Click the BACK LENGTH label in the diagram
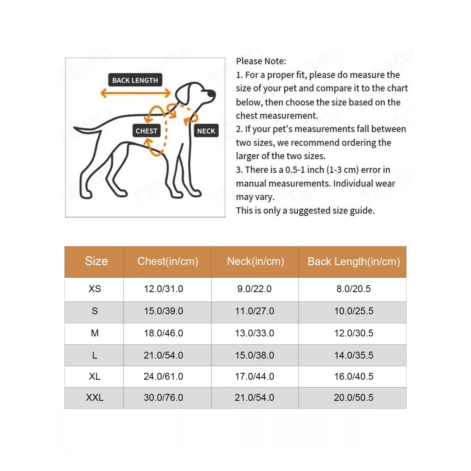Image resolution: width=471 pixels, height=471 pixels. tap(135, 80)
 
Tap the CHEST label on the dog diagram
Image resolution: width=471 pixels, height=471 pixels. tap(146, 131)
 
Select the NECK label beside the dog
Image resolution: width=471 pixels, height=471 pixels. tap(206, 131)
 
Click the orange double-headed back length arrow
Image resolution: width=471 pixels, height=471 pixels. tap(136, 93)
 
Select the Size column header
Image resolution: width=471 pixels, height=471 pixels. tap(96, 261)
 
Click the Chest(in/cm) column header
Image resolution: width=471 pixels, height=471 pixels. tap(168, 261)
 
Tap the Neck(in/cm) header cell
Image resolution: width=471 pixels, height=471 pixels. tap(255, 261)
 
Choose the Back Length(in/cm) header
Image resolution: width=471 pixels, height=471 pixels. tap(354, 261)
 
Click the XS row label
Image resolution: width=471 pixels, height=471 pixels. tap(95, 289)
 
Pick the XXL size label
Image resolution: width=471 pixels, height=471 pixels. tap(95, 397)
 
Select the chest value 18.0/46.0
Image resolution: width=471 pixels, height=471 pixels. tap(163, 333)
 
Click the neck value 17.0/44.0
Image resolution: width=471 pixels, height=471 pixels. tap(255, 376)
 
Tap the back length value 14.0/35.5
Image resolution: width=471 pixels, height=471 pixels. tap(354, 355)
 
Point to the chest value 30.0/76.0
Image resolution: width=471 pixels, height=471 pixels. tap(163, 397)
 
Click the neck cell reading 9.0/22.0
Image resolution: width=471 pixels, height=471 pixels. tap(254, 289)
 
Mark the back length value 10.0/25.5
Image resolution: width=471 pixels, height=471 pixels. tap(354, 311)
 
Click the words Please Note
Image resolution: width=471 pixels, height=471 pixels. tap(261, 61)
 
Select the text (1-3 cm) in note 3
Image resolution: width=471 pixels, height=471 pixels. tap(342, 170)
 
